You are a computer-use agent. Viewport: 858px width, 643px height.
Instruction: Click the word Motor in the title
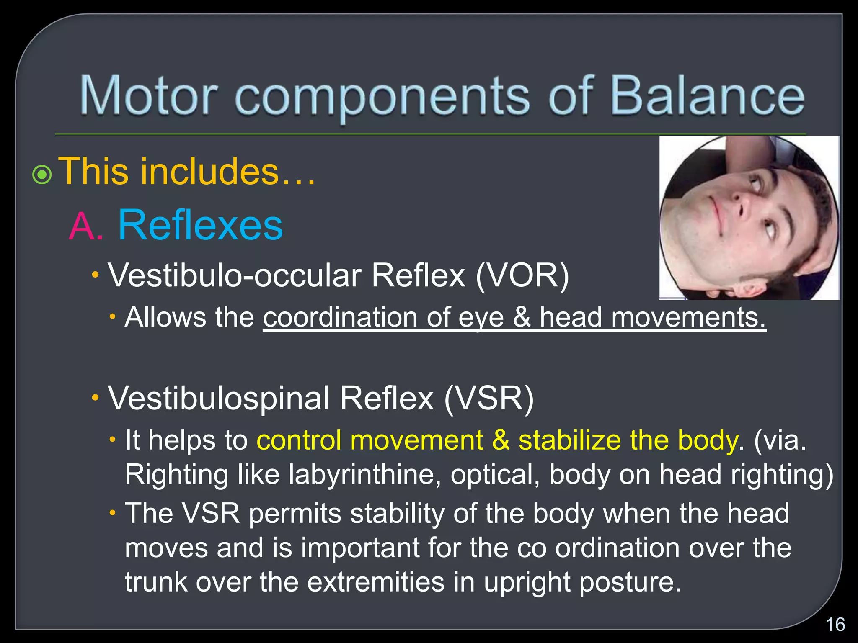[x=149, y=95]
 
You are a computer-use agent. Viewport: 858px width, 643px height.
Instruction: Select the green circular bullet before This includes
[x=42, y=175]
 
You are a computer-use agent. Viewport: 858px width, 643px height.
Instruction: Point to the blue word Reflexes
[x=201, y=225]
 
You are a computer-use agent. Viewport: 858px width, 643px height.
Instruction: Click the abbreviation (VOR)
[x=522, y=276]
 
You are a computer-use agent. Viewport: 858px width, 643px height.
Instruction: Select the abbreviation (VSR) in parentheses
[x=488, y=398]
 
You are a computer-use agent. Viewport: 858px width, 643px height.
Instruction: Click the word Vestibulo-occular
[x=235, y=276]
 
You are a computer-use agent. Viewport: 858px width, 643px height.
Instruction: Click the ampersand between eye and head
[x=522, y=317]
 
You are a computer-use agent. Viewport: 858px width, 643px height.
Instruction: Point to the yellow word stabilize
[x=570, y=440]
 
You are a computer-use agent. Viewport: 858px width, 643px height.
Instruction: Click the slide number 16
[x=835, y=625]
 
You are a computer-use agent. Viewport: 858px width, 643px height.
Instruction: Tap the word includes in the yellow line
[x=209, y=171]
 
